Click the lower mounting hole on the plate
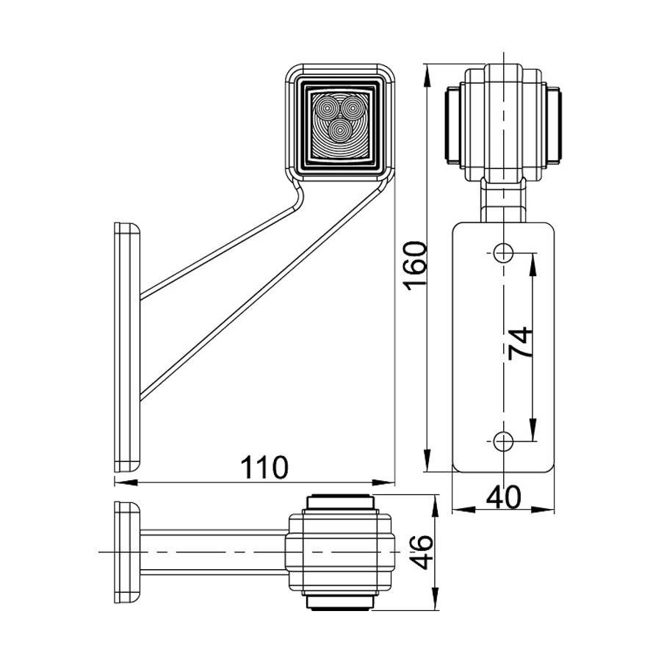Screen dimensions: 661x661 click(503, 441)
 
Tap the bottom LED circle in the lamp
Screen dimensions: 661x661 click(339, 129)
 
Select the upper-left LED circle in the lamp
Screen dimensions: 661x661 click(326, 109)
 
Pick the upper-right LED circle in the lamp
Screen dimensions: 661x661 click(353, 109)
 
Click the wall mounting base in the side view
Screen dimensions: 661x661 click(126, 345)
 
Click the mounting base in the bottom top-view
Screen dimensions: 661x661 click(126, 551)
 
